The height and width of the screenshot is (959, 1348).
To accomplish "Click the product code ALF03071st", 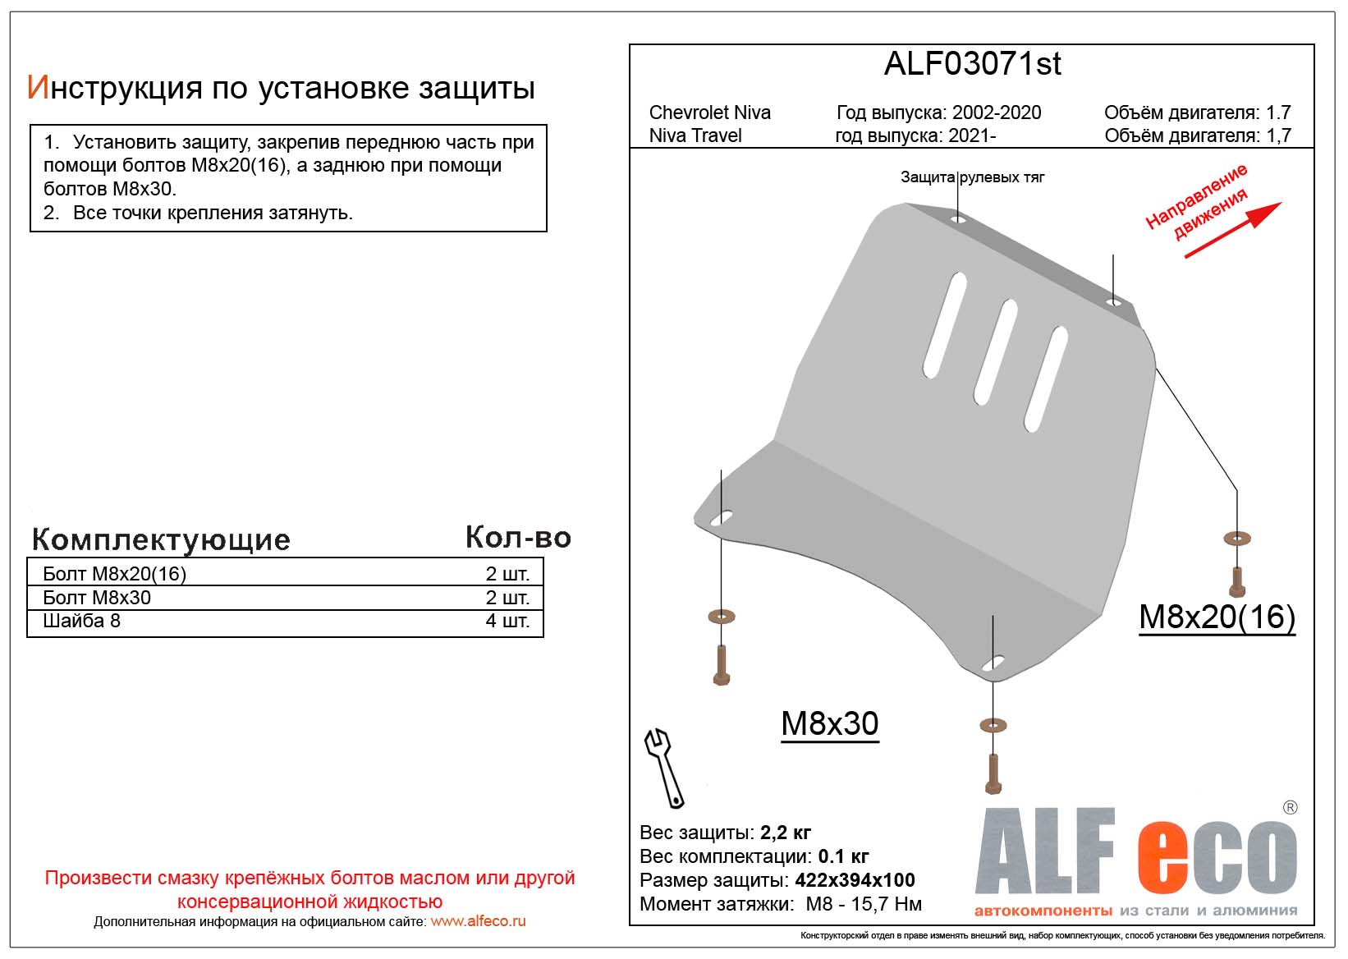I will point(972,64).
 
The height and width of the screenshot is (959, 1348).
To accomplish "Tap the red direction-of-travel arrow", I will point(1231,230).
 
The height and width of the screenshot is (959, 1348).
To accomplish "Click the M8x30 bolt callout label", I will point(829,724).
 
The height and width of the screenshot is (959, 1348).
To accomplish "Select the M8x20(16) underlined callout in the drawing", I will point(1217,617).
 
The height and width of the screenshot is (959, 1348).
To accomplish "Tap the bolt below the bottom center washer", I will point(993,773).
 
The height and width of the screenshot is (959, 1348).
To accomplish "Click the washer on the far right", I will point(1236,539).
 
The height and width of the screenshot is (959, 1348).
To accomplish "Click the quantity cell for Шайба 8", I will point(507,621).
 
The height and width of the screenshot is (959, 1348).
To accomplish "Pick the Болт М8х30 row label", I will point(97,598).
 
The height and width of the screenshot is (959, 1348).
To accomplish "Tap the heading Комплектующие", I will point(161,539).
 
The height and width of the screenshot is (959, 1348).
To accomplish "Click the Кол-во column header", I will point(517,537).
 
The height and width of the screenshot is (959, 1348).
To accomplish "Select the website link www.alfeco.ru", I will point(478,921).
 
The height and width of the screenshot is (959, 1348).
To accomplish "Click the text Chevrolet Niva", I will point(709,112).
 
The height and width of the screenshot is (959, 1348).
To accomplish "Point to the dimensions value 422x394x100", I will point(855,880).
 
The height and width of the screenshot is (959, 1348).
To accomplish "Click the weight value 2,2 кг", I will point(786,833).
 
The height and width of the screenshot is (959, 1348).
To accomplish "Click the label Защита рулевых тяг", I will point(972,177).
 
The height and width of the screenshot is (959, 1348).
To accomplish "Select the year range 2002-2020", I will point(996,112).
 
